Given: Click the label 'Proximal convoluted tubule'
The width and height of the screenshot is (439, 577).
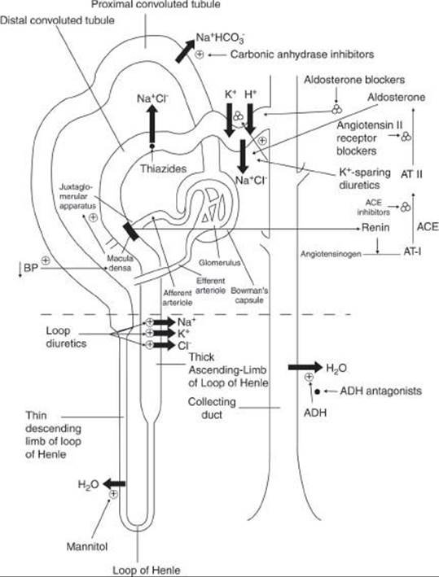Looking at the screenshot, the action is point(156,4).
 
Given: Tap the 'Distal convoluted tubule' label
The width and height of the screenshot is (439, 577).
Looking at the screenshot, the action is point(57,20).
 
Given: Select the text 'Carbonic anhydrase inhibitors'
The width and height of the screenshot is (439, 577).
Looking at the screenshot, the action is point(302,55).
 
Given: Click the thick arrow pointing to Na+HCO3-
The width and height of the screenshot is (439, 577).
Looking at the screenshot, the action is point(185,50).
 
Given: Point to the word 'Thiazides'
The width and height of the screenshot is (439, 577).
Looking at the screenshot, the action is point(163,169).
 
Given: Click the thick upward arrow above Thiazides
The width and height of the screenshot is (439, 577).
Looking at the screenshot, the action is point(151,125).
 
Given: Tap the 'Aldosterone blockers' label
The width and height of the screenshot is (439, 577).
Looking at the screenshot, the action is point(354,80).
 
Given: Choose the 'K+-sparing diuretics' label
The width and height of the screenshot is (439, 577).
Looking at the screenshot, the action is point(365,178).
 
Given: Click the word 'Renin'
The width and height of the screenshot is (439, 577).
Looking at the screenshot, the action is point(375,227).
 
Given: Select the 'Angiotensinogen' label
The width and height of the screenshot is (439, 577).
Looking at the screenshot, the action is point(331,254).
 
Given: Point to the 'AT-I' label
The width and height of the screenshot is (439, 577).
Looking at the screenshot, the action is point(412,252).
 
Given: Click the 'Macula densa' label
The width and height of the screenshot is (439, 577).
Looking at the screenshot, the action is point(120,263).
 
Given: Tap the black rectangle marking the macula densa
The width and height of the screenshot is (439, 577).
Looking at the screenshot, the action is point(131,231).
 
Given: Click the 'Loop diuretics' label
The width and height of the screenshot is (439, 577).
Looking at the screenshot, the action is point(66,337).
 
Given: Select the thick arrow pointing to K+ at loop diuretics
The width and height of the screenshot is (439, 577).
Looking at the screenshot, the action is point(164,334).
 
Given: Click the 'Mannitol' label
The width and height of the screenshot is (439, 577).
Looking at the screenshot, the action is point(87,546).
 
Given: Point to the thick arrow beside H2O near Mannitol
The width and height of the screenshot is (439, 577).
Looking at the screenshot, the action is point(114,483).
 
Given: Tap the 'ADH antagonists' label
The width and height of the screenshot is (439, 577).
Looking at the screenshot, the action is point(381,391).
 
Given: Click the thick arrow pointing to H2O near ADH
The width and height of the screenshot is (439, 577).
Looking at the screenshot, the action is point(305,367).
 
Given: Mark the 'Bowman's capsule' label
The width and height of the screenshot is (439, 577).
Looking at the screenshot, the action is point(249,295).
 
